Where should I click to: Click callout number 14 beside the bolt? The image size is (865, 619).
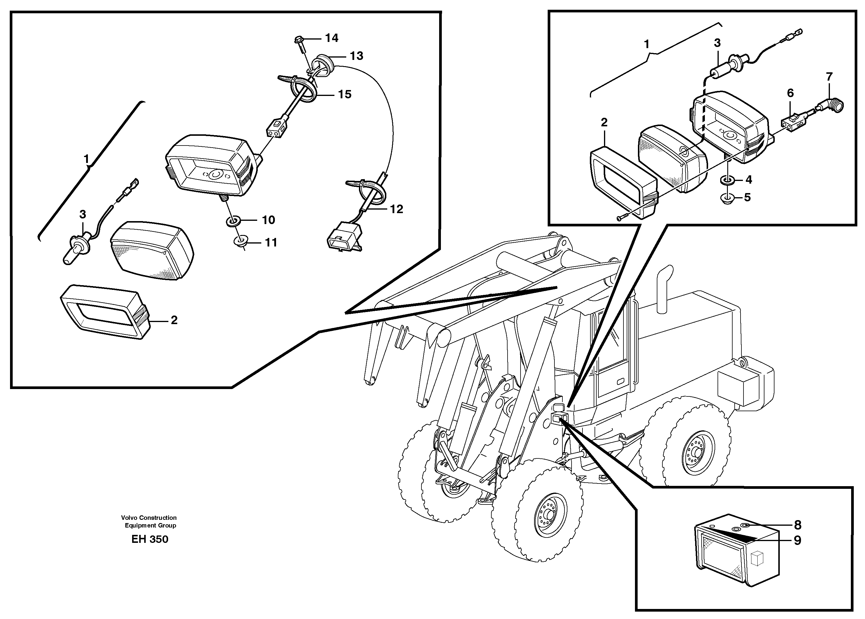click(331, 38)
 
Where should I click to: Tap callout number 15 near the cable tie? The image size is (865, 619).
click(344, 94)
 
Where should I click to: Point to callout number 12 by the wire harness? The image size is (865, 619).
click(396, 209)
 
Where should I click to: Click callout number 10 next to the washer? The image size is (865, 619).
click(268, 220)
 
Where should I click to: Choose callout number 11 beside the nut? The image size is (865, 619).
click(271, 242)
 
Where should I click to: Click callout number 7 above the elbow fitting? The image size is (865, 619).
click(829, 77)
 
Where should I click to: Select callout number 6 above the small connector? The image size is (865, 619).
click(790, 93)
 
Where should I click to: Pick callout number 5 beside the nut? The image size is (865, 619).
click(747, 197)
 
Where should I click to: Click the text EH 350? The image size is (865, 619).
click(150, 539)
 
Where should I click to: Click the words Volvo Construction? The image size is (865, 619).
click(149, 518)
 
